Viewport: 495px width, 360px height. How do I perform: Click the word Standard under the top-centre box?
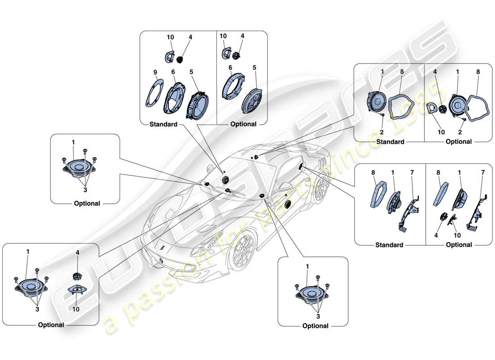pyautogui.click(x=163, y=124)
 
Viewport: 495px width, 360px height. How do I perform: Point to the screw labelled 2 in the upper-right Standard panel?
pyautogui.click(x=382, y=115)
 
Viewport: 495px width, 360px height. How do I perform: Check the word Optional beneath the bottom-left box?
pyautogui.click(x=51, y=324)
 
